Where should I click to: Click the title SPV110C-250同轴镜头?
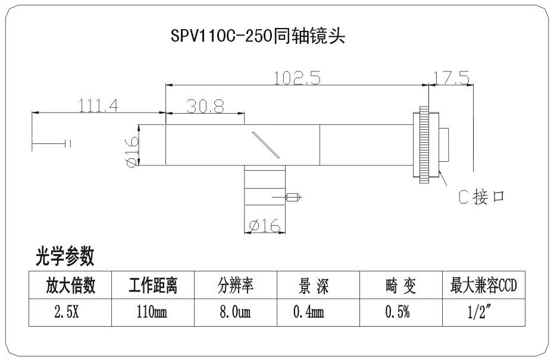[x=258, y=37]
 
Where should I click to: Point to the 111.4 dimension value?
[x=99, y=105]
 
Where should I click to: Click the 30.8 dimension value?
[x=205, y=106]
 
